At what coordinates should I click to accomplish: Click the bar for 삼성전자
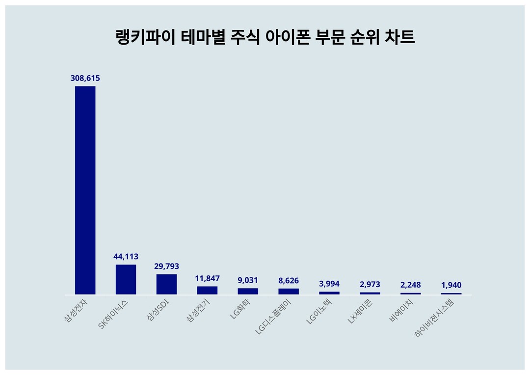tap(85, 190)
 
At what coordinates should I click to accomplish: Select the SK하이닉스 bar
tap(126, 280)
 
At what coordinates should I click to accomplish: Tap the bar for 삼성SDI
tap(166, 285)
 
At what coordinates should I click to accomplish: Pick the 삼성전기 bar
tap(207, 290)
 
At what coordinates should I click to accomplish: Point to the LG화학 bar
tap(248, 291)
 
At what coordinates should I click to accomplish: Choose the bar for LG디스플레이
tap(289, 292)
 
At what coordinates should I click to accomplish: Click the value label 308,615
tap(85, 78)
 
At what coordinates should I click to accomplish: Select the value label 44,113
tap(126, 257)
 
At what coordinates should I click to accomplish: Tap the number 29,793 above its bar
tap(166, 266)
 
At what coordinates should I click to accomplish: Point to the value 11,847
tap(207, 278)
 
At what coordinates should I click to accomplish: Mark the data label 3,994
tap(329, 284)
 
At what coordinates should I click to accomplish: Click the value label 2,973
tap(370, 285)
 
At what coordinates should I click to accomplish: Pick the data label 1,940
tap(451, 285)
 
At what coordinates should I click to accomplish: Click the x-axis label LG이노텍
tap(319, 311)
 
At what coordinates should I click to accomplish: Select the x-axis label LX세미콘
tap(361, 311)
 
